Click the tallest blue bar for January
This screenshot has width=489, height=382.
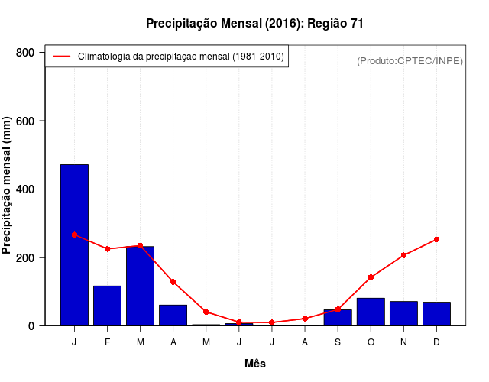(x=74, y=244)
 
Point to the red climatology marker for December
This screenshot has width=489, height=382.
(x=436, y=239)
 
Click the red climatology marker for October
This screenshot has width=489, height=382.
(x=371, y=277)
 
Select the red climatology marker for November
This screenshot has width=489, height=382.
(x=403, y=255)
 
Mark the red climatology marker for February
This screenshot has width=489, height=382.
(x=107, y=249)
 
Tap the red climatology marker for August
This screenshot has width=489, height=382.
(x=305, y=318)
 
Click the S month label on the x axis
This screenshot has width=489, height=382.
(x=338, y=342)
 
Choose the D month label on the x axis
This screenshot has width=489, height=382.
(x=436, y=342)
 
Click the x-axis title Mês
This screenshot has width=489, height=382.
(x=255, y=364)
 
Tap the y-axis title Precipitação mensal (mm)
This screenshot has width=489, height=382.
(x=8, y=185)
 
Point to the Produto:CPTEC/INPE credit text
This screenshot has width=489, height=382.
(x=410, y=60)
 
